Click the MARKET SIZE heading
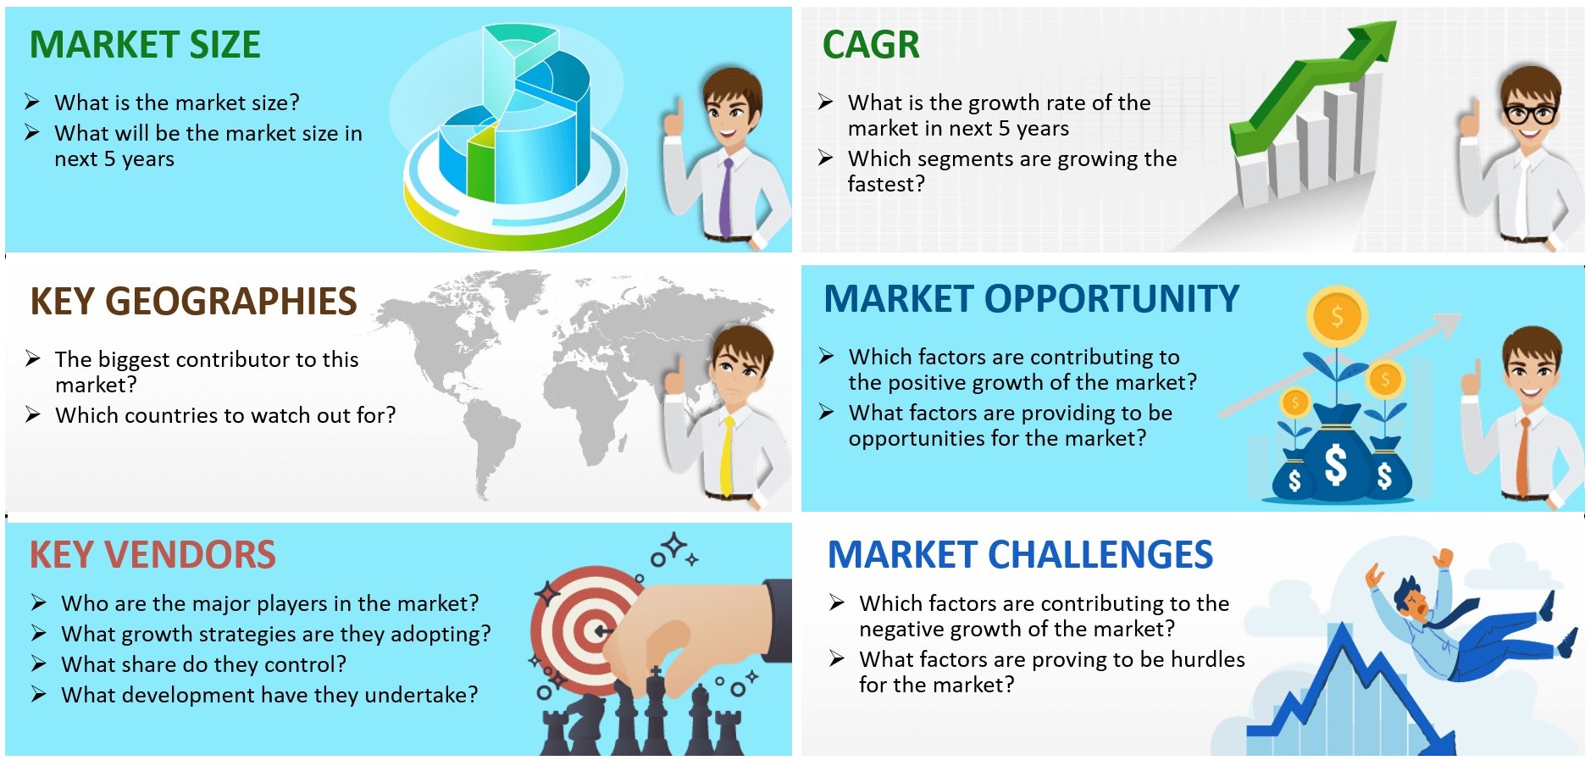(x=145, y=45)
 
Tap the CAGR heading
(x=871, y=45)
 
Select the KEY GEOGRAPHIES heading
(x=193, y=302)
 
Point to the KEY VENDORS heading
(x=152, y=555)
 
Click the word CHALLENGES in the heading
(x=1100, y=555)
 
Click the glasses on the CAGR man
(x=1530, y=113)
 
